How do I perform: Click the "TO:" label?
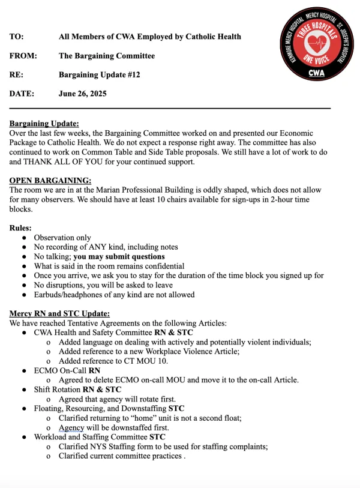point(17,37)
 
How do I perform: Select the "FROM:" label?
point(23,56)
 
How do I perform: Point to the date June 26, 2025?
point(83,94)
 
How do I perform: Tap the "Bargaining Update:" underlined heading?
point(44,124)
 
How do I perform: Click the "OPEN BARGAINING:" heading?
point(50,181)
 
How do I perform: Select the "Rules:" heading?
point(21,228)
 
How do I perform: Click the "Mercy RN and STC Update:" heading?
point(59,314)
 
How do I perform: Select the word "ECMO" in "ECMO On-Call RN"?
point(46,370)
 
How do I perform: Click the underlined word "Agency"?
point(71,428)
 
